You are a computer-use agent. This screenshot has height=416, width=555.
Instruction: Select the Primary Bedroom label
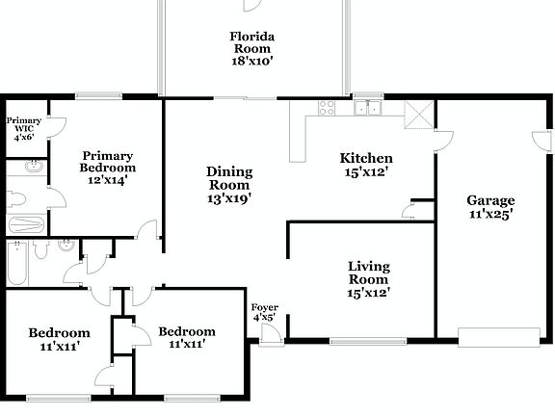(107, 167)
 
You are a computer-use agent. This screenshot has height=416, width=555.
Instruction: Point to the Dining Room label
(229, 185)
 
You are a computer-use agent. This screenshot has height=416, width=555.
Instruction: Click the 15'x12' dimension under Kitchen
(365, 173)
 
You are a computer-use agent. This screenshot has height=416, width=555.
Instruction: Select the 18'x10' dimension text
(251, 61)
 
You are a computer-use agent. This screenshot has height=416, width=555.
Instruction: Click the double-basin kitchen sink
(366, 108)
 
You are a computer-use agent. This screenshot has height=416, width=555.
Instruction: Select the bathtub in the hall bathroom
(17, 263)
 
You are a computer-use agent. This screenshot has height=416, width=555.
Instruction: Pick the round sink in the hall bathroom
(64, 246)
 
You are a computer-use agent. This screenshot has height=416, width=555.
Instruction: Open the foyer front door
(271, 332)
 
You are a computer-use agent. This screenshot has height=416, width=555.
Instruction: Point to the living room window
(368, 341)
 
